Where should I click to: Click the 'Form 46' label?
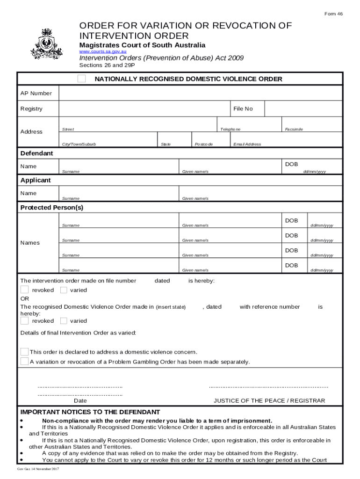334,14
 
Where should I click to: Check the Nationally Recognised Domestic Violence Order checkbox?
82,79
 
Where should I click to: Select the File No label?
243,109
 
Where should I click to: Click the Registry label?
31,109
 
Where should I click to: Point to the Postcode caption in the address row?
203,145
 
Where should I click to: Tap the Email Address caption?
247,145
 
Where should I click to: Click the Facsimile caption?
294,129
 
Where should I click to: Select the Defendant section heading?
36,153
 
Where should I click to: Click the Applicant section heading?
36,180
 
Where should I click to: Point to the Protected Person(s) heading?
52,207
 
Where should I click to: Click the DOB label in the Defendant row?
291,164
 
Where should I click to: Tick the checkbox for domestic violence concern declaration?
24,351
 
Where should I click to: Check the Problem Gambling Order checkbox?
24,362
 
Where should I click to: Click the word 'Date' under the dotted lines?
80,401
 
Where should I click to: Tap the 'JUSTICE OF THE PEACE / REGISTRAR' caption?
269,401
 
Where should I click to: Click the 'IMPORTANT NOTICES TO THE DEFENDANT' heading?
90,412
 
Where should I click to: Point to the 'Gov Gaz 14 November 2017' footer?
37,469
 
